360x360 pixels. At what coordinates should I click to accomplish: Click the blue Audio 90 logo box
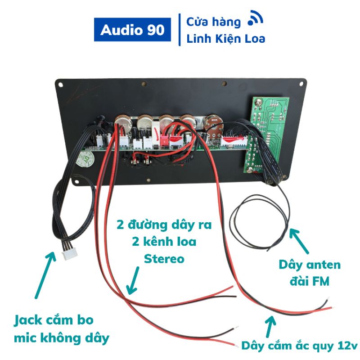(x=132, y=30)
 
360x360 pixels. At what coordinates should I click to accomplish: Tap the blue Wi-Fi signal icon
(x=255, y=18)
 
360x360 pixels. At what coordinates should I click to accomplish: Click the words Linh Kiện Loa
(x=226, y=39)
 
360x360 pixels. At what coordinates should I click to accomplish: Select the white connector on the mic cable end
(x=70, y=254)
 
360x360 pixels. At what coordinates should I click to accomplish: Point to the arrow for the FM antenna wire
(x=299, y=241)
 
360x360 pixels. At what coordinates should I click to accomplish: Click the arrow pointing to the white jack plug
(x=45, y=275)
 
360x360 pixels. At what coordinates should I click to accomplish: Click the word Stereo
(x=164, y=259)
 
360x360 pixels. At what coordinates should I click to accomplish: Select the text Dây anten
(x=310, y=265)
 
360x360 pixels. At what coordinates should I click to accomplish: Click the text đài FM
(x=310, y=281)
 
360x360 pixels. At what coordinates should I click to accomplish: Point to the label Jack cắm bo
(x=54, y=320)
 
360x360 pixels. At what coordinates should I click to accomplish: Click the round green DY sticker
(x=85, y=159)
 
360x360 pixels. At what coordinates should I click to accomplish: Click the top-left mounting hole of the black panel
(x=60, y=85)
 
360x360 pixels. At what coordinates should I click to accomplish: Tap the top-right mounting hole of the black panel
(x=301, y=84)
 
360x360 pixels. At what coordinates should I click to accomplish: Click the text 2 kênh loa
(x=164, y=242)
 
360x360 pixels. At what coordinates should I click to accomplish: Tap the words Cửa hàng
(x=213, y=22)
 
